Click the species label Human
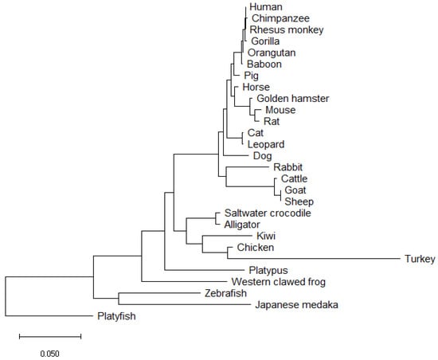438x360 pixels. pyautogui.click(x=264, y=6)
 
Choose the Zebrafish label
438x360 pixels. pyautogui.click(x=227, y=293)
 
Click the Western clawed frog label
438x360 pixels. pyautogui.click(x=279, y=282)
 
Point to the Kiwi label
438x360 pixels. pyautogui.click(x=267, y=237)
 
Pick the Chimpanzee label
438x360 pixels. pyautogui.click(x=276, y=18)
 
